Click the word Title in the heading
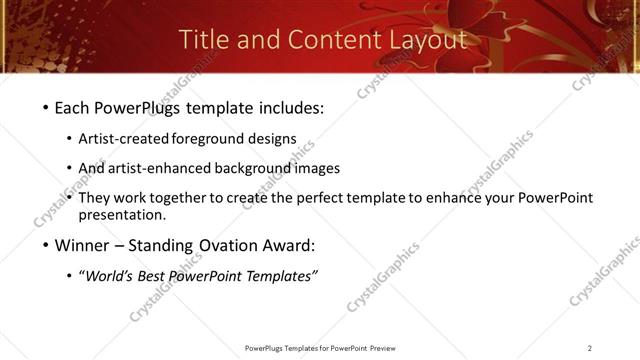coord(202,39)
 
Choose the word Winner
coord(83,245)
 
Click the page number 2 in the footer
coord(590,347)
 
